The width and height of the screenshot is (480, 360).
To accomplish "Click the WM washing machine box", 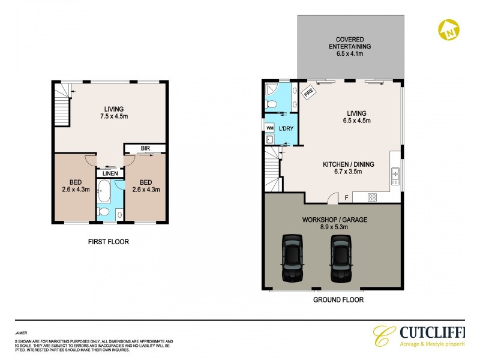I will pyautogui.click(x=269, y=128).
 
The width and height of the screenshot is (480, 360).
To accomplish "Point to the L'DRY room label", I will pyautogui.click(x=286, y=128).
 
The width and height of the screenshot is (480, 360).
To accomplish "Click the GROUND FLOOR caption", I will pyautogui.click(x=338, y=299).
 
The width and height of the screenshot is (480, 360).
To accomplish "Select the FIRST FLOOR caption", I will pyautogui.click(x=109, y=242).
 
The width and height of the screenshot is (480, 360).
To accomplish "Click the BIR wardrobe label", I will pyautogui.click(x=145, y=148).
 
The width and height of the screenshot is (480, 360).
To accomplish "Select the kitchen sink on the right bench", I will pyautogui.click(x=395, y=175).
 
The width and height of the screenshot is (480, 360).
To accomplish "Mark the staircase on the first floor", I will pyautogui.click(x=62, y=102).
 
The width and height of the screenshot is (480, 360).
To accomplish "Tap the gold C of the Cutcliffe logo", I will pyautogui.click(x=382, y=337).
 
